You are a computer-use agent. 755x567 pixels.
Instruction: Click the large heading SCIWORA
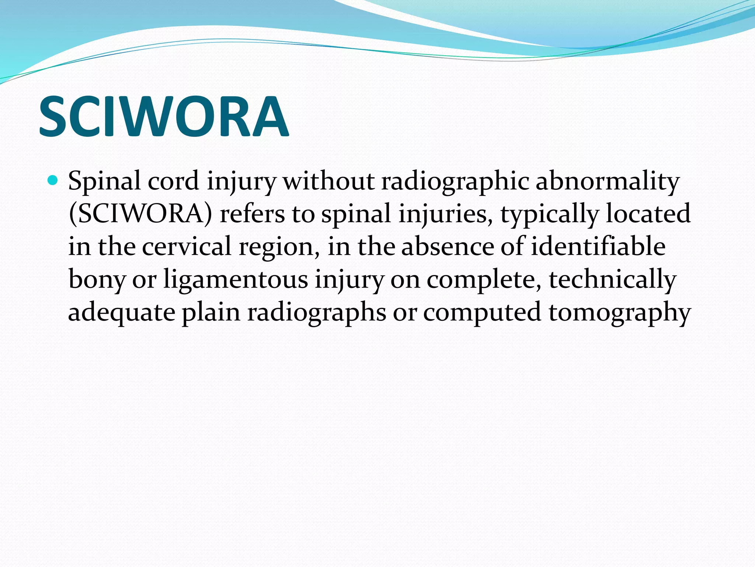(164, 117)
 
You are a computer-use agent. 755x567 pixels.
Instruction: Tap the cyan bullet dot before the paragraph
(53, 181)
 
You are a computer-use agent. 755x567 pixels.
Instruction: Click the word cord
(173, 181)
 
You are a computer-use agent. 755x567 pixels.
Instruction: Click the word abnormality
(607, 182)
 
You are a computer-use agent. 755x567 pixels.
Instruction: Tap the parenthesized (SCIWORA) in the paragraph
(140, 214)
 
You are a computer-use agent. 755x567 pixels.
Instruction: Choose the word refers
(252, 214)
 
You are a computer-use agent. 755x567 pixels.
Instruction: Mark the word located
(648, 214)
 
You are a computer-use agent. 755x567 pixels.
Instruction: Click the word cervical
(187, 246)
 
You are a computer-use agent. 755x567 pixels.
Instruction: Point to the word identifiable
(598, 246)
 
